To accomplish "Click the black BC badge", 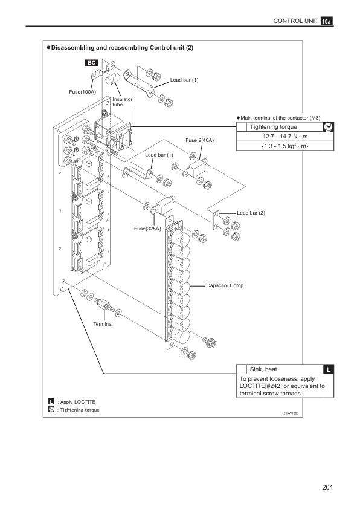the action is (x=91, y=63).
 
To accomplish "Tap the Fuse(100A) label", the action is (x=82, y=92).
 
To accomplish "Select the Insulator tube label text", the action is (x=122, y=102).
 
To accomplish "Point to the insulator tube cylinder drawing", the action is (x=112, y=79).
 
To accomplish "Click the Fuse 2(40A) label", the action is (x=199, y=140).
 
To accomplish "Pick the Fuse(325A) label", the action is (x=147, y=229).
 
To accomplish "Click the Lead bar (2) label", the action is (x=251, y=213).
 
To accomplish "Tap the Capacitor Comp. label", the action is (x=225, y=286).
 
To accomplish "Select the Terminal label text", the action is (x=103, y=324).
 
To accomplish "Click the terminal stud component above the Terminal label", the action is (x=104, y=305).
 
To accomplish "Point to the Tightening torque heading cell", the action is (x=273, y=127).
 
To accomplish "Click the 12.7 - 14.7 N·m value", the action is (x=285, y=137).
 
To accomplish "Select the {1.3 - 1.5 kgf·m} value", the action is (x=285, y=146).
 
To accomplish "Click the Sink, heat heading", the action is (x=263, y=369).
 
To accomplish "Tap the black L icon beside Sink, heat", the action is (x=329, y=369).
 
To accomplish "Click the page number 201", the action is (x=327, y=487).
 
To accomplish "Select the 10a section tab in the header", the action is (x=327, y=21).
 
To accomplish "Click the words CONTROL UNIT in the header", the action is (x=296, y=21).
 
